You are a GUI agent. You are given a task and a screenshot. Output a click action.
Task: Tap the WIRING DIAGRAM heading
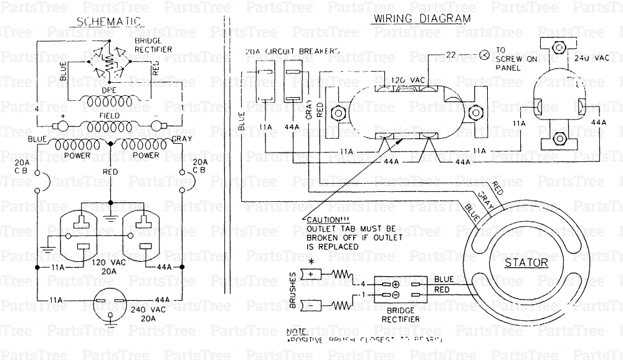tap(421, 19)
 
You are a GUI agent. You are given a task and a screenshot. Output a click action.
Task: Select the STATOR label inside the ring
tap(527, 262)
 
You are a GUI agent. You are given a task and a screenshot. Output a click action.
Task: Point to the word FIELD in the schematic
tap(110, 116)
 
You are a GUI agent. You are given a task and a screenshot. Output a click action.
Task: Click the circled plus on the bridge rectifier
tap(395, 285)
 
